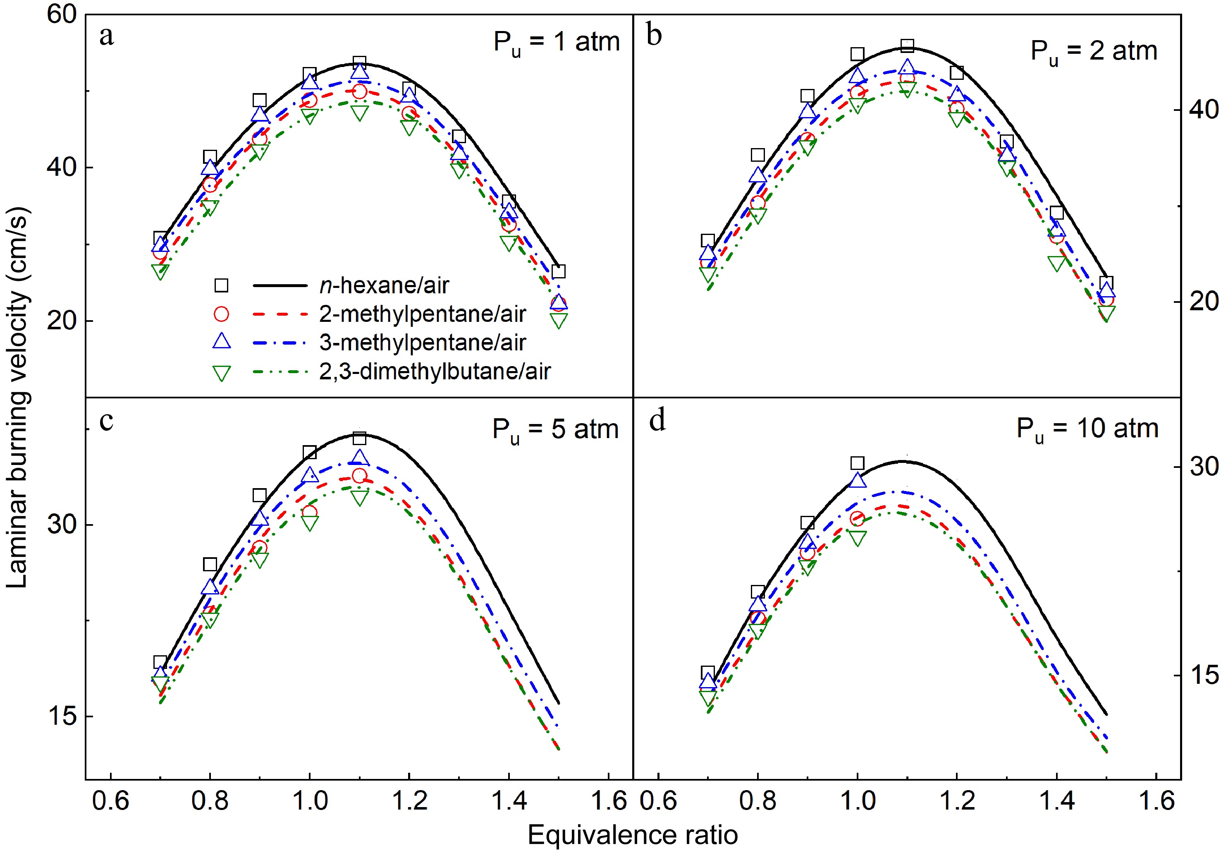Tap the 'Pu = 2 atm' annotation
[1094, 52]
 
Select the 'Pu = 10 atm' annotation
[1087, 429]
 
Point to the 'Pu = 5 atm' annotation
[555, 430]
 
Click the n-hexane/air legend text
[384, 286]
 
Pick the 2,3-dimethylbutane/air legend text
[435, 371]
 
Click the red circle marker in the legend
[221, 314]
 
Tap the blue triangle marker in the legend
[221, 342]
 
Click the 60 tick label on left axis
[62, 15]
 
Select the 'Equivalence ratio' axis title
[632, 834]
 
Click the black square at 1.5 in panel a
[558, 271]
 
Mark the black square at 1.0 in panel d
[857, 463]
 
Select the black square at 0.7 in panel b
[708, 240]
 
